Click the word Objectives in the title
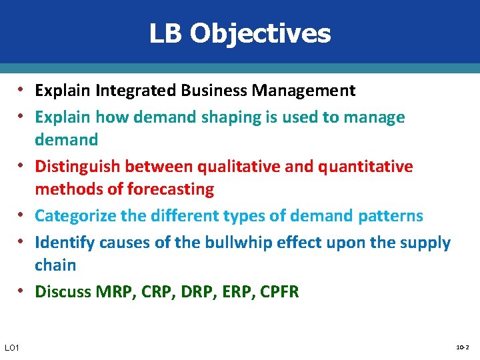(x=260, y=33)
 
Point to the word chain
(x=55, y=265)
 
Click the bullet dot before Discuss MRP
(x=23, y=291)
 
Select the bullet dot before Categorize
(x=23, y=215)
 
